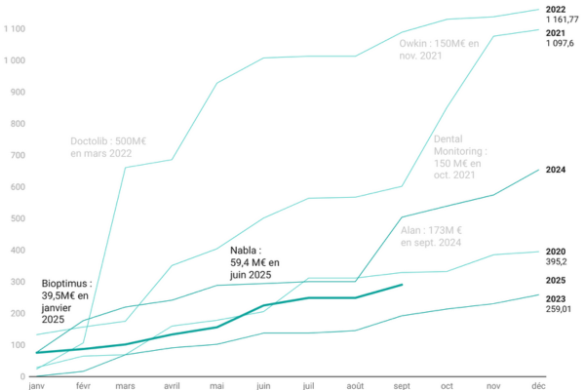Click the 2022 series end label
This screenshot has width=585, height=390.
click(557, 10)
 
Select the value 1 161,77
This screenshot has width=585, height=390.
click(563, 19)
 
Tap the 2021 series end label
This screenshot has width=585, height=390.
click(557, 33)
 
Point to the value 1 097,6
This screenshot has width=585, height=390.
click(561, 43)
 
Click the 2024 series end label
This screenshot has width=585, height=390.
click(557, 170)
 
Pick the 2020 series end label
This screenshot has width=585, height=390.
click(557, 252)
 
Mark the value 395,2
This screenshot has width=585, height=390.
click(557, 262)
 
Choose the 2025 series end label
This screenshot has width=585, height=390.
click(557, 280)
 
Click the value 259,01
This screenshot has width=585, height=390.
click(560, 309)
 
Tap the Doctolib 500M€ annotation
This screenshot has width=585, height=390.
click(108, 146)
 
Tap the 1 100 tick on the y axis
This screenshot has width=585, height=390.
click(14, 28)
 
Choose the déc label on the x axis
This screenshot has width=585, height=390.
click(538, 385)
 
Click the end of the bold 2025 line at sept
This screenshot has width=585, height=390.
click(403, 285)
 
